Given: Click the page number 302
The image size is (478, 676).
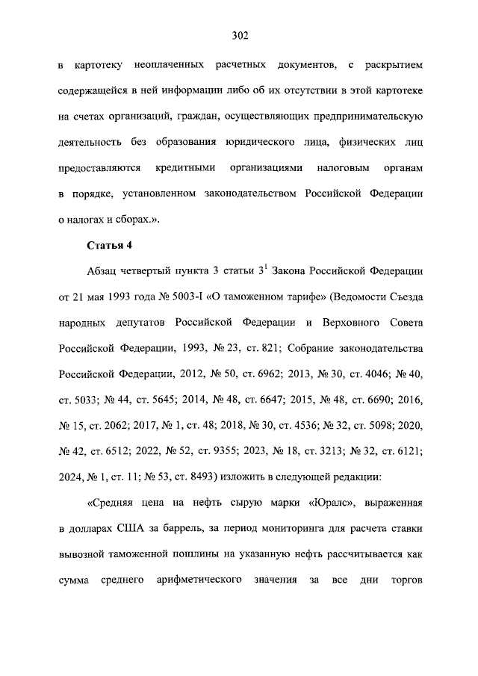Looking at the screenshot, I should point(239,36).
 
